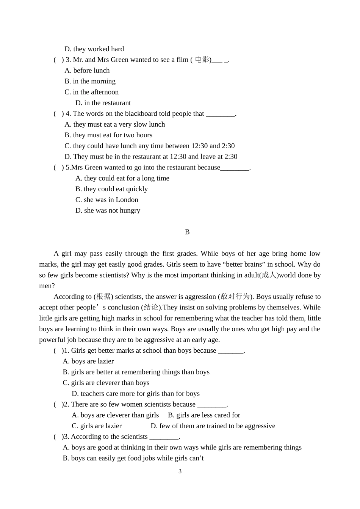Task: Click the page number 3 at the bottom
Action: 180,471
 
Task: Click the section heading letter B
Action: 187,232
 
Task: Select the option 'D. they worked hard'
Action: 94,49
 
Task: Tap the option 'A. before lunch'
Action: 87,71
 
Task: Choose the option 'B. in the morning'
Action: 90,81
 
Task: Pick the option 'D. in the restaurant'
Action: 103,103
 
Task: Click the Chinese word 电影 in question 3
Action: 202,60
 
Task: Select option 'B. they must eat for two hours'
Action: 108,135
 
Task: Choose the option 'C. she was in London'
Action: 106,200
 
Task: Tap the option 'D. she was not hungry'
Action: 108,211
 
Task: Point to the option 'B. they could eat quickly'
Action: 111,189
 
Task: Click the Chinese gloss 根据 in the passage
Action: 103,297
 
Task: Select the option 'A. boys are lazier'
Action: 88,361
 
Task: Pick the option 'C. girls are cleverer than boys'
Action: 106,383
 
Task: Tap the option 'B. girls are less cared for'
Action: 204,415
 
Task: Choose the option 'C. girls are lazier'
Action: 97,426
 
